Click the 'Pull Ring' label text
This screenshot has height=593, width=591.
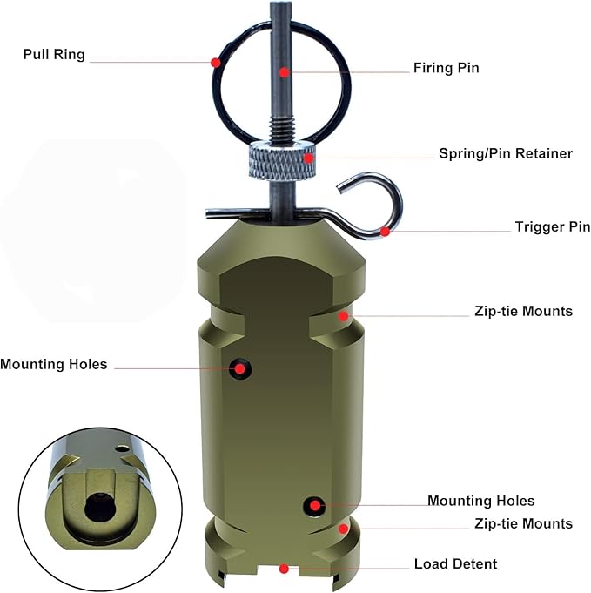click(54, 55)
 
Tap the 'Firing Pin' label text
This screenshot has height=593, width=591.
click(447, 68)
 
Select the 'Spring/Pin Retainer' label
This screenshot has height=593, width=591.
click(506, 153)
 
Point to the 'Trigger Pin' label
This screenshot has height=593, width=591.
click(553, 227)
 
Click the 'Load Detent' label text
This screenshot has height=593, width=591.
click(455, 564)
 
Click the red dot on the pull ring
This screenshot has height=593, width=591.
click(216, 63)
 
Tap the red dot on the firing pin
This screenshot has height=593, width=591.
click(284, 72)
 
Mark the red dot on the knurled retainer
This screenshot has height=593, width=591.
click(309, 158)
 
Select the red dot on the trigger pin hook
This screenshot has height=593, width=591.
click(385, 232)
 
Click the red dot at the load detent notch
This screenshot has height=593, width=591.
click(284, 569)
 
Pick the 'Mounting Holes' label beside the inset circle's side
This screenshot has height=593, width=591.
click(54, 364)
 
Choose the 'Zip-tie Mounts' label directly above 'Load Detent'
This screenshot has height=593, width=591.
click(524, 524)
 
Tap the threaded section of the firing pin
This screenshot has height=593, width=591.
click(282, 129)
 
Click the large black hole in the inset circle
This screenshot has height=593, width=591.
click(100, 507)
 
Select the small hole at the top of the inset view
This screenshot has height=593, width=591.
click(122, 449)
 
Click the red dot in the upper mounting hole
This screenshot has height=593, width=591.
click(239, 368)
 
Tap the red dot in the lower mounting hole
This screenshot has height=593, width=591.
click(314, 505)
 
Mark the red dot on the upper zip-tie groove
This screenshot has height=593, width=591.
click(343, 316)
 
